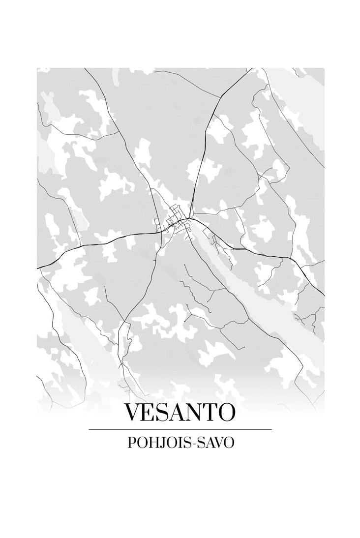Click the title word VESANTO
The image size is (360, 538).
click(x=180, y=412)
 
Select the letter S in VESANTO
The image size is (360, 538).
click(x=165, y=412)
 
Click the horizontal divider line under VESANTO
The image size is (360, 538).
click(x=180, y=429)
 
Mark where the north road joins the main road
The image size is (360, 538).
click(x=189, y=218)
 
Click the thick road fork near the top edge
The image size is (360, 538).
click(x=219, y=95)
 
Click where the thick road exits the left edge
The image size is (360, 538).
click(x=38, y=268)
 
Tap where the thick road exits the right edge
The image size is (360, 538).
click(x=323, y=295)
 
